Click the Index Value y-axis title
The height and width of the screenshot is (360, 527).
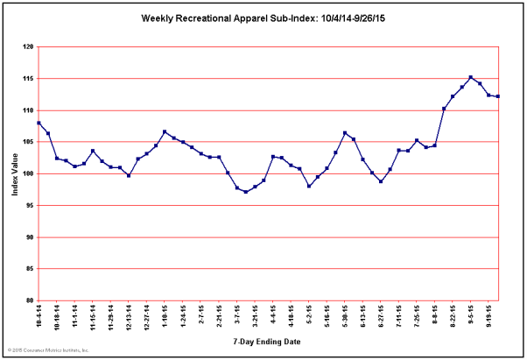click(16, 173)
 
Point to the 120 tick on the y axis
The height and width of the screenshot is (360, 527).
click(29, 47)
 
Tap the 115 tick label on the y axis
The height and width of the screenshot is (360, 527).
click(29, 79)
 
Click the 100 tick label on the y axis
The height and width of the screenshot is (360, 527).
click(29, 173)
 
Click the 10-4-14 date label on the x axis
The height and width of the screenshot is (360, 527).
click(39, 315)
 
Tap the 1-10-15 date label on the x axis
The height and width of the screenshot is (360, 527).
click(165, 315)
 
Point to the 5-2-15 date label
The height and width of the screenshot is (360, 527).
click(309, 314)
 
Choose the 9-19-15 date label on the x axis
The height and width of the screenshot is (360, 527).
click(488, 315)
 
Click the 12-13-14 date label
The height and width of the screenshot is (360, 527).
click(130, 316)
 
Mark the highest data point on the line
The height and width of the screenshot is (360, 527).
click(471, 77)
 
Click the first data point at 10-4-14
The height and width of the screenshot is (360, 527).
click(39, 123)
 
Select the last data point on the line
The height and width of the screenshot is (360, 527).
click(498, 96)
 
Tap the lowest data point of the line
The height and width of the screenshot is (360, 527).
click(246, 192)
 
